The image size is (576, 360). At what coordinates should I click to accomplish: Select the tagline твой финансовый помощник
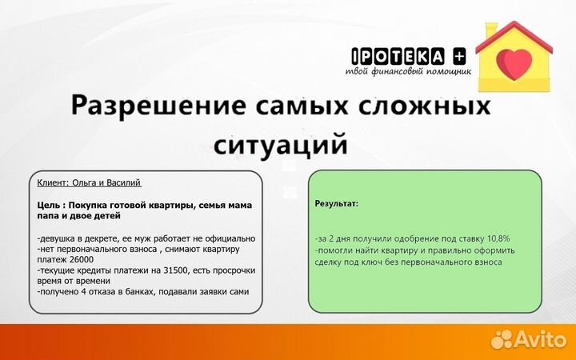408,70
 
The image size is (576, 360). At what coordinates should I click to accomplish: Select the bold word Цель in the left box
50,205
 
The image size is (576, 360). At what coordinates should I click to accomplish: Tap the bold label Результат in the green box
337,204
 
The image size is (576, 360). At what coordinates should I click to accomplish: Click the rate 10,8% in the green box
494,238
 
